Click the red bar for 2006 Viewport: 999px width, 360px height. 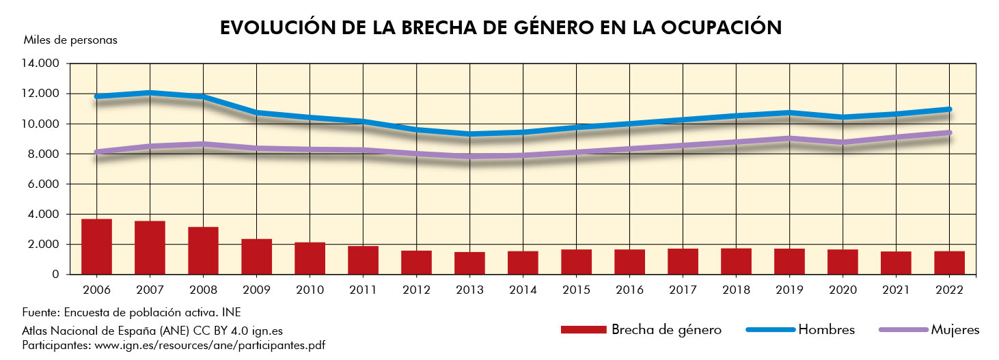point(96,247)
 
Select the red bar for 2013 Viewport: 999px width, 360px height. point(469,263)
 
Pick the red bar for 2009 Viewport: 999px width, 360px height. point(256,256)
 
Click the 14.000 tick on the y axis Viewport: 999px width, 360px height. point(42,64)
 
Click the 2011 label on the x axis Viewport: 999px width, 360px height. point(363,289)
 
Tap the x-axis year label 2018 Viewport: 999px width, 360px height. point(736,289)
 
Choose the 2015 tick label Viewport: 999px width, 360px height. point(576,289)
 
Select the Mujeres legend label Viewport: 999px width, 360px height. point(955,330)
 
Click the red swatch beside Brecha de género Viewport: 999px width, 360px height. point(583,330)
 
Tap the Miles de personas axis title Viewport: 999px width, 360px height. point(70,40)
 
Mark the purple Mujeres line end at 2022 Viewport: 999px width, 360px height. point(950,133)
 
